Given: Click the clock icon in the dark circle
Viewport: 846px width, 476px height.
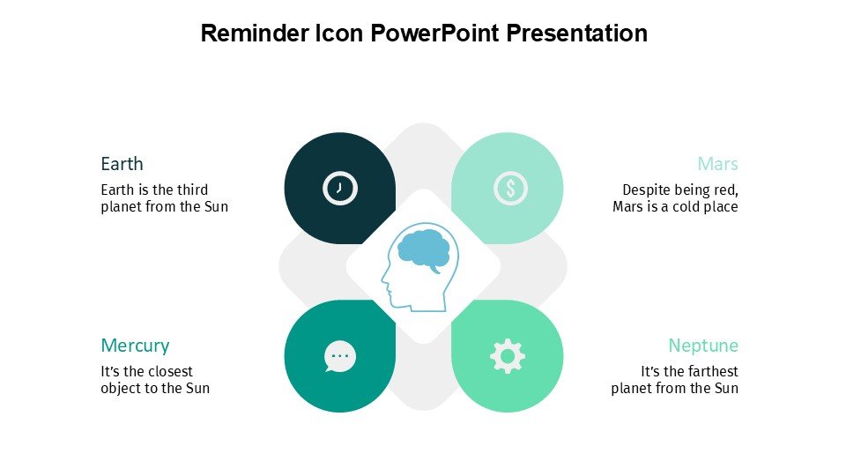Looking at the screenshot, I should (x=340, y=188).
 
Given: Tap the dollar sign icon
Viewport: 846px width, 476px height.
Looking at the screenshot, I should (x=510, y=188).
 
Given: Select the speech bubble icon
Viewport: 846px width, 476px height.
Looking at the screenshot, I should (x=340, y=356).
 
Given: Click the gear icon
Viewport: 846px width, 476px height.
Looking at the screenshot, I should (x=507, y=356).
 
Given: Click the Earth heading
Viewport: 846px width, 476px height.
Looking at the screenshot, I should (x=122, y=164).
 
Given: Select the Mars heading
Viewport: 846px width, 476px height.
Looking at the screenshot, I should (x=717, y=164).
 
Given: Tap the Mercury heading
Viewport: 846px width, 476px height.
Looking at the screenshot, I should (x=135, y=346).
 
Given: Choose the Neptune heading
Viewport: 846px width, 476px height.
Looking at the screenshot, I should (x=703, y=346).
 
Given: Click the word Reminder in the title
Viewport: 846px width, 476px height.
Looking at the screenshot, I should (x=255, y=33).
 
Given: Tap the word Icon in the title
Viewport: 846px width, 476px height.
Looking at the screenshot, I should (x=339, y=33).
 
